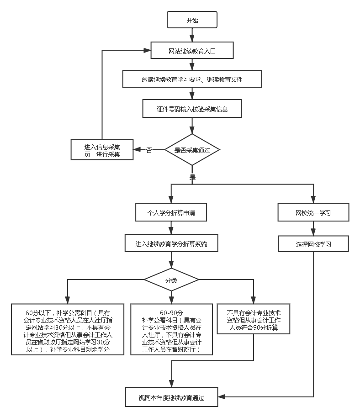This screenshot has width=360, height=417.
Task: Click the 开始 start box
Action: [192, 21]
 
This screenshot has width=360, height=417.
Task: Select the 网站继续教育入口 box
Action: [192, 51]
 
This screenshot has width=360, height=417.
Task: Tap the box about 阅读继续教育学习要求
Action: [192, 79]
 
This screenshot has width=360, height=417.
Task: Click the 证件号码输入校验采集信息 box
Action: [192, 109]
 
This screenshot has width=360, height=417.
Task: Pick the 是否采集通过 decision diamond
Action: [192, 149]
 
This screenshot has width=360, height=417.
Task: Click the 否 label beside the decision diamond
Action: [149, 150]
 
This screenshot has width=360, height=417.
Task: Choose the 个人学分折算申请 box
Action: [171, 212]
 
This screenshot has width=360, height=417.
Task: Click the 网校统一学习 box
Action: [313, 212]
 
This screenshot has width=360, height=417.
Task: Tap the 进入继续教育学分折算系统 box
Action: [171, 244]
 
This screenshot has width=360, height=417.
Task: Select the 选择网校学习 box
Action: [313, 244]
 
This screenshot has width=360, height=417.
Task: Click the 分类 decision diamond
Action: [171, 280]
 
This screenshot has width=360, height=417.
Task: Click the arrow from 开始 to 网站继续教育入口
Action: [192, 35]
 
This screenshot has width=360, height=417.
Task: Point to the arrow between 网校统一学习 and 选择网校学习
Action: [313, 228]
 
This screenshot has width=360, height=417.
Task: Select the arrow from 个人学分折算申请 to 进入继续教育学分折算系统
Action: [171, 228]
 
